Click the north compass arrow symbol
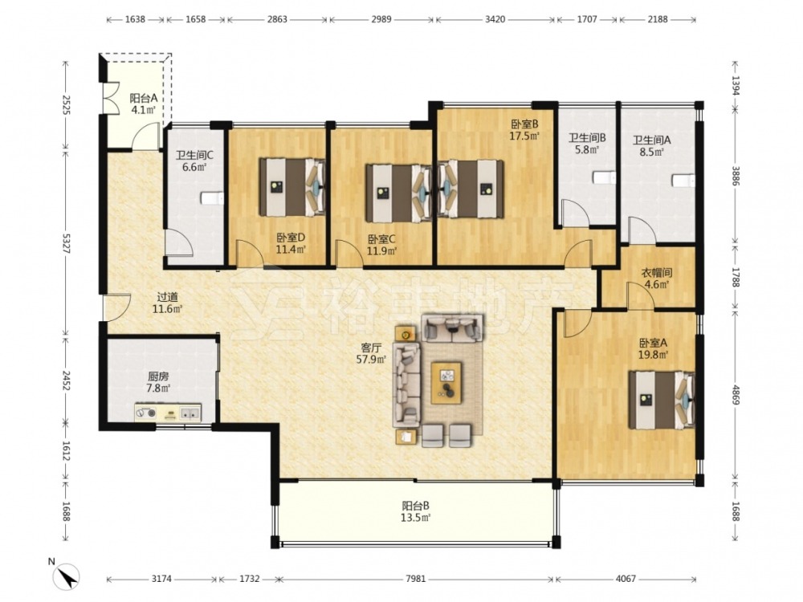66,576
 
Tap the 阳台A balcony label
143,98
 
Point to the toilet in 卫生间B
605,177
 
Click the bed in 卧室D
292,187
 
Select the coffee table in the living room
447,383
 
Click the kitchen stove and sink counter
168,413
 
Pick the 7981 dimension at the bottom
415,579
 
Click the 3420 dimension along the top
495,19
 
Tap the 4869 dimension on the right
736,394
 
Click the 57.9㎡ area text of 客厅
371,360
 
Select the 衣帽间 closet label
657,273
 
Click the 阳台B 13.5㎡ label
415,511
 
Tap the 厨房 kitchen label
158,376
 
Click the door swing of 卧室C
349,254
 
